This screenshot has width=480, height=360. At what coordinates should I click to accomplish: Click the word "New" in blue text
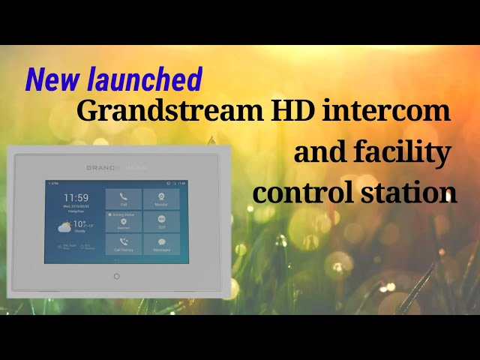coord(49,80)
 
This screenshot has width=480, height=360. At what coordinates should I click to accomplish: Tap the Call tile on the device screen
coord(124,199)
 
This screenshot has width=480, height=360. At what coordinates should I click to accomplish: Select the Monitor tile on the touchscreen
coord(161,199)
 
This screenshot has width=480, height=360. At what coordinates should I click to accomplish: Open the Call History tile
coord(124,244)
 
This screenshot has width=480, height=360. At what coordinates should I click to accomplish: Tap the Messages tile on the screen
coord(161,244)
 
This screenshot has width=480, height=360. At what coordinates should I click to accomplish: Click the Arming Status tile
coord(124,221)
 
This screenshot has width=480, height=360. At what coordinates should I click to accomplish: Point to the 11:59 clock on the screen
coord(76,198)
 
